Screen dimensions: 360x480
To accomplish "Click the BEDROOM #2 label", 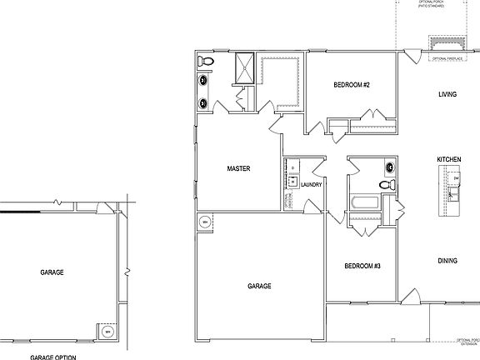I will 351,85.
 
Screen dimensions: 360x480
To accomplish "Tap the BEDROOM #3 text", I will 362,266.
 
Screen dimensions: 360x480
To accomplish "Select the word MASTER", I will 239,168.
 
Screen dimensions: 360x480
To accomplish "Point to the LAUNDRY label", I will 312,185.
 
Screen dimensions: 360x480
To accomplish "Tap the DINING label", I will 447,261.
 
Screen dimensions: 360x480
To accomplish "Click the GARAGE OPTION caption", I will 54,356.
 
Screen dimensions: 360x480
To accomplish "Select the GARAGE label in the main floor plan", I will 259,286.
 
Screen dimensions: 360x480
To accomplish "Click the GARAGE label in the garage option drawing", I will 52,272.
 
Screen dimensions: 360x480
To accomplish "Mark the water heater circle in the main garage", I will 205,222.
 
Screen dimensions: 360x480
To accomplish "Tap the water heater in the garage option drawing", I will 107,332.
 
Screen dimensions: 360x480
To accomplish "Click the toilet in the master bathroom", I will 207,62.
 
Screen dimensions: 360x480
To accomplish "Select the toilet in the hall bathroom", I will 386,184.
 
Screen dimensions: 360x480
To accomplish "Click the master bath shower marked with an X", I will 245,67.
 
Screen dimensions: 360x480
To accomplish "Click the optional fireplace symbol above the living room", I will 446,44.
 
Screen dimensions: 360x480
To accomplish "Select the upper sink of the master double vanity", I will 203,82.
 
